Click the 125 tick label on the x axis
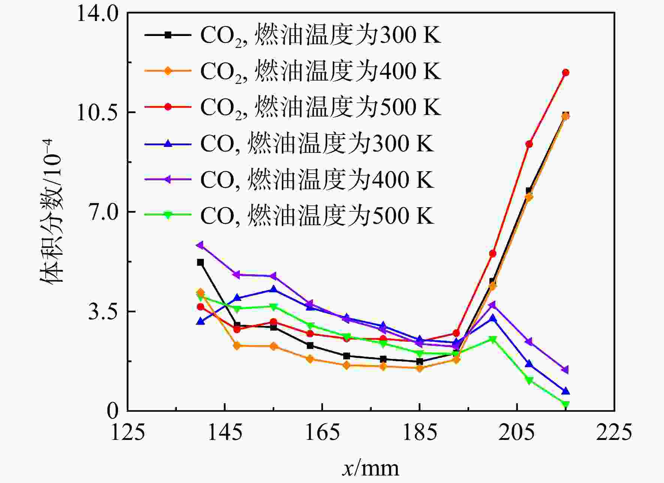(x=128, y=432)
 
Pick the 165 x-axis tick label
(x=322, y=432)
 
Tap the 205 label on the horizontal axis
(x=517, y=432)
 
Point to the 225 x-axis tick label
(x=614, y=432)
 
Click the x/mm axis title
(x=371, y=468)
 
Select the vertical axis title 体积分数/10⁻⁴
(x=51, y=212)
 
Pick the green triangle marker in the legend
(x=168, y=215)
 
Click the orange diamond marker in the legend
(x=168, y=71)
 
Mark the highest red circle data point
(x=565, y=72)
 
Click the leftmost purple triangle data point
(x=200, y=245)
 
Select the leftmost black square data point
(x=200, y=262)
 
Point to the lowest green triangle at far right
(x=565, y=404)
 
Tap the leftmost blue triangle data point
(x=200, y=321)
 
